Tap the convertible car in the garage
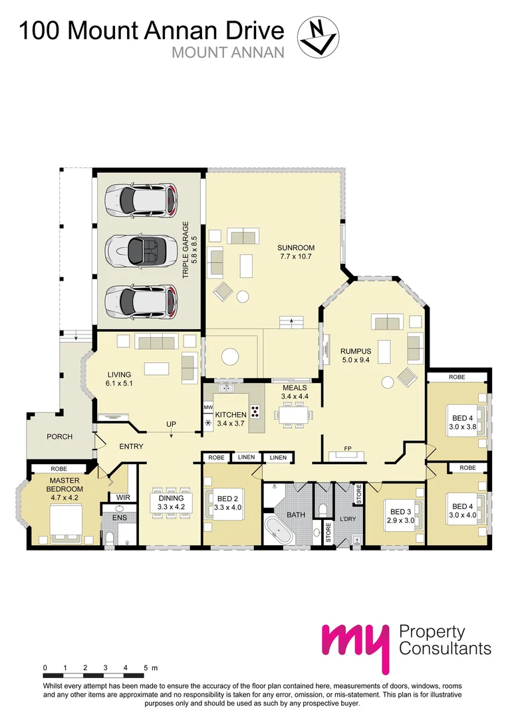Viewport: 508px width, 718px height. [x=140, y=250]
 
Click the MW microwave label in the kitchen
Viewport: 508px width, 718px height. [x=208, y=407]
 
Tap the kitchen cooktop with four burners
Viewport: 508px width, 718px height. [x=255, y=411]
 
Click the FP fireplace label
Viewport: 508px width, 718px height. [x=348, y=448]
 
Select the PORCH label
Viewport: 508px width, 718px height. [x=60, y=436]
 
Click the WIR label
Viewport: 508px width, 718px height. [x=123, y=497]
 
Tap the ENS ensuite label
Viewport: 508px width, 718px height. [x=120, y=518]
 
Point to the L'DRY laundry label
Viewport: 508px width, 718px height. [x=348, y=519]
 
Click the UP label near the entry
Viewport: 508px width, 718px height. [x=171, y=424]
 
